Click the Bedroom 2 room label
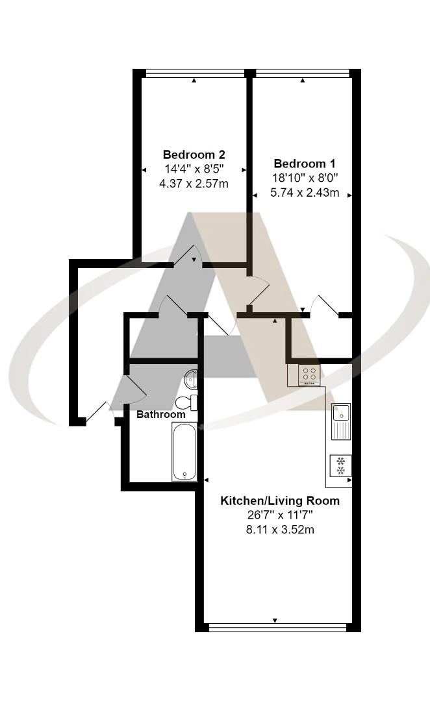click(194, 154)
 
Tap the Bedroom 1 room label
click(305, 164)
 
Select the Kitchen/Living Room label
click(280, 501)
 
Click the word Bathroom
click(160, 414)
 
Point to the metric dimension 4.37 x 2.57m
click(194, 184)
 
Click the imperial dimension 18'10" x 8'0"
click(305, 177)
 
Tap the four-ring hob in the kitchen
click(309, 375)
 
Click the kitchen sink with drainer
click(341, 421)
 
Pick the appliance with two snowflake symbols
click(340, 465)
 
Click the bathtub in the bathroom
click(184, 452)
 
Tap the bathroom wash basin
click(191, 377)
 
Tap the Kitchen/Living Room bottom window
click(277, 627)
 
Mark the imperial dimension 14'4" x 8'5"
click(194, 169)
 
